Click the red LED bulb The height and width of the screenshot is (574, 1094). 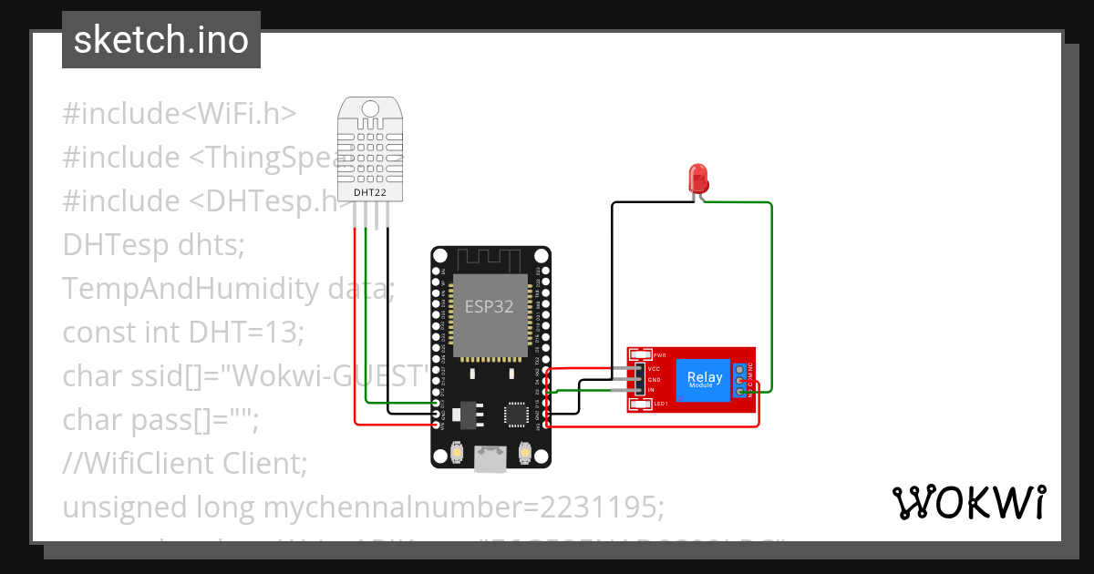[699, 175]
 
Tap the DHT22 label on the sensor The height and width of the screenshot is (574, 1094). [369, 192]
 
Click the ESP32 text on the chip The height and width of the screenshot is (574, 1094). [490, 307]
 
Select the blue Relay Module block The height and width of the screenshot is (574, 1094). [704, 379]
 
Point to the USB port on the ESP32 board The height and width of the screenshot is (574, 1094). [490, 458]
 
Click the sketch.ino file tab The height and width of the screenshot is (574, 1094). [161, 40]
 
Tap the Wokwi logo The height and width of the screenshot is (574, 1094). [968, 502]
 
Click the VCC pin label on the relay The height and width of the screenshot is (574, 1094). [654, 369]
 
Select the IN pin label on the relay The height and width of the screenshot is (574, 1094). [651, 390]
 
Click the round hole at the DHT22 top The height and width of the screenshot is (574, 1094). [370, 109]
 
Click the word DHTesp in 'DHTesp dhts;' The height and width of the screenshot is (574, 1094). [116, 245]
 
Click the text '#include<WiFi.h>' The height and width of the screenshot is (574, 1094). [179, 114]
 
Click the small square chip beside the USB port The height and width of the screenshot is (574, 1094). [516, 415]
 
